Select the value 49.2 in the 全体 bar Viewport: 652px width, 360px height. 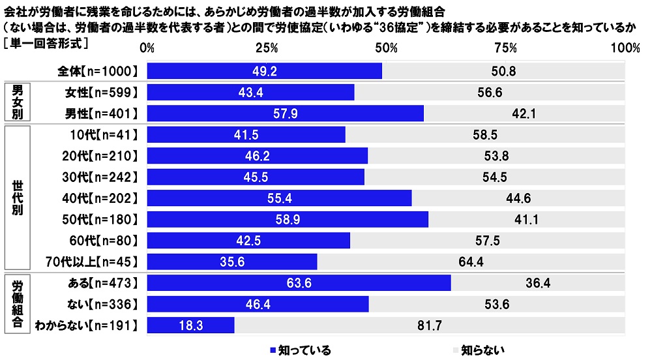(265, 71)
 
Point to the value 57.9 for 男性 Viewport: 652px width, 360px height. (285, 113)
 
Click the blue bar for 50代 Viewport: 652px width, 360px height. (288, 219)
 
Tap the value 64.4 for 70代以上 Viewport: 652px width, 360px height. (470, 262)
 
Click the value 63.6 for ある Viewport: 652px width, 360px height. (299, 282)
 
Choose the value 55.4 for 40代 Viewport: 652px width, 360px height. (279, 198)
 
